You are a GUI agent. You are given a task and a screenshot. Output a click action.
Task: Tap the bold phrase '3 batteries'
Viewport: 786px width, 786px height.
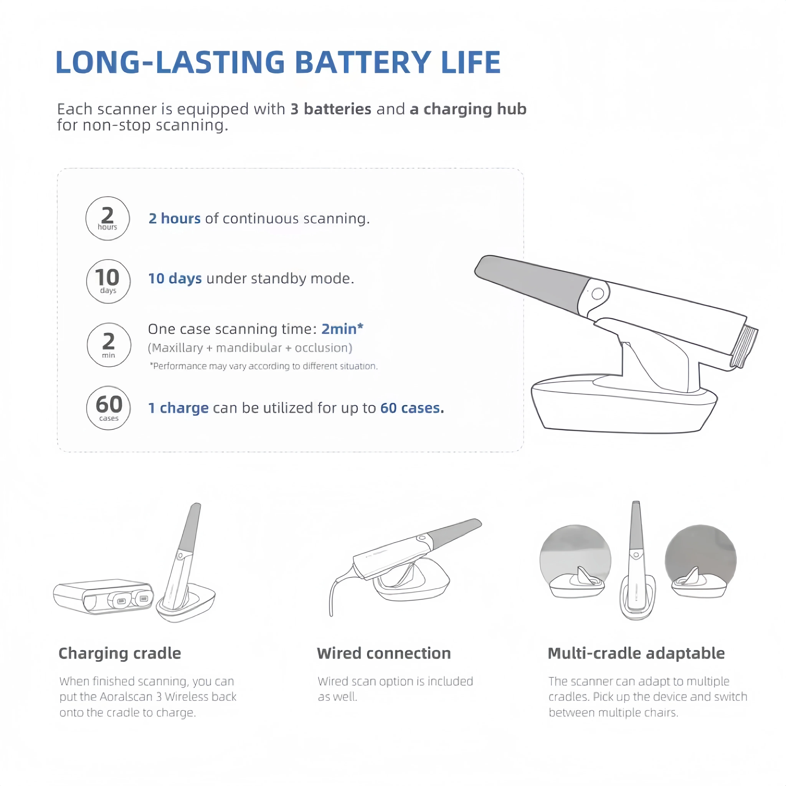coord(331,109)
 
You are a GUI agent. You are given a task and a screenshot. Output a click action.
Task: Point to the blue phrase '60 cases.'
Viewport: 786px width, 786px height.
coord(412,408)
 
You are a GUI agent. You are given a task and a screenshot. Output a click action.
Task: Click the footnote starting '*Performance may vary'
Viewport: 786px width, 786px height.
coord(264,366)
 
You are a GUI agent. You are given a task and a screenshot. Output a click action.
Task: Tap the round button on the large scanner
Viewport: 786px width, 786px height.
coord(598,293)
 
